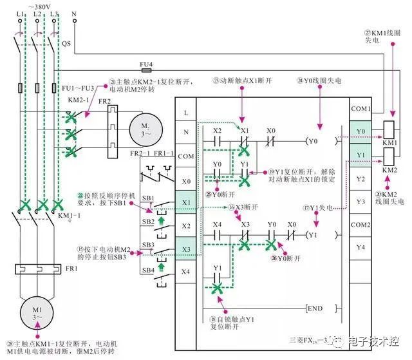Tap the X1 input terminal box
point(186,203)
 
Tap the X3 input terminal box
point(186,249)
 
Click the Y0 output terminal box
point(360,132)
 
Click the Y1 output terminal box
point(360,155)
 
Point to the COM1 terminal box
point(360,109)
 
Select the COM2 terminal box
point(360,225)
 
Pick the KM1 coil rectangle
point(389,128)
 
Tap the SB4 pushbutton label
point(148,271)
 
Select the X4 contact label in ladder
point(217,223)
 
